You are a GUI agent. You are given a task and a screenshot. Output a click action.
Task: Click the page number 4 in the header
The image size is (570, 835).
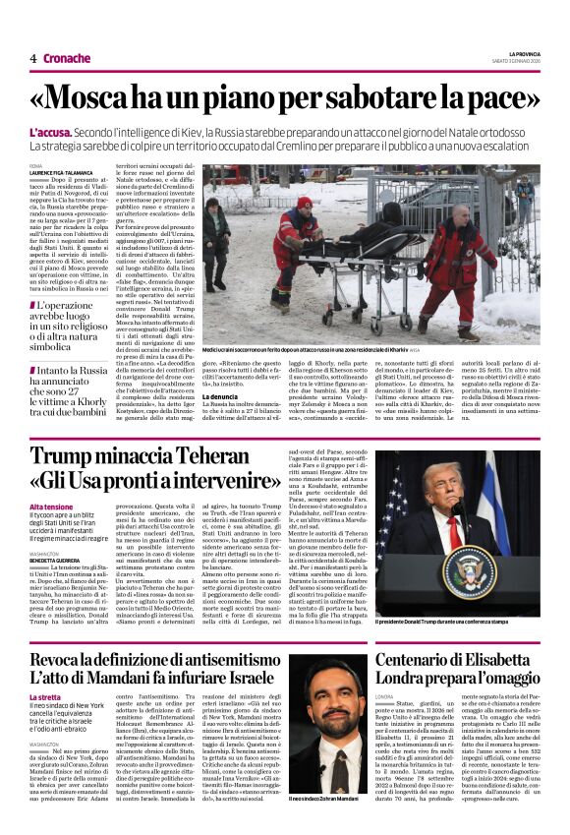(32, 58)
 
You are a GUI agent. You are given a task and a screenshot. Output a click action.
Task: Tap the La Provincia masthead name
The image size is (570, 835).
(524, 53)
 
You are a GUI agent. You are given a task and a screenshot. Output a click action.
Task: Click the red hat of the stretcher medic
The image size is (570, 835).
(305, 204)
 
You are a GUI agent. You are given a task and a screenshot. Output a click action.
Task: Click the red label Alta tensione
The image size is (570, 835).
(51, 507)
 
